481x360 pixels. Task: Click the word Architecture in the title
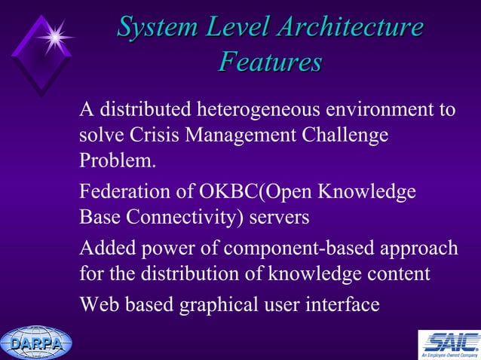[x=348, y=28]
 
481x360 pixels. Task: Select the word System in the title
[x=154, y=28]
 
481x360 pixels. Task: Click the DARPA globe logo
[x=35, y=343]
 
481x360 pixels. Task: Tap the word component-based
[x=321, y=249]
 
